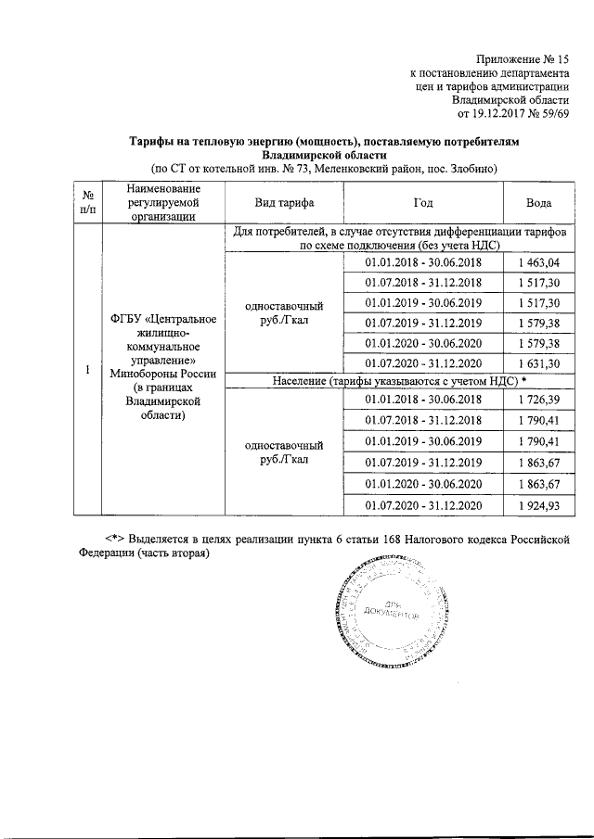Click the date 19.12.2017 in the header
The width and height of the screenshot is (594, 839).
click(x=498, y=114)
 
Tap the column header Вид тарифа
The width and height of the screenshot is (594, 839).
click(x=282, y=202)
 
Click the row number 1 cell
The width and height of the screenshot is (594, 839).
click(x=86, y=370)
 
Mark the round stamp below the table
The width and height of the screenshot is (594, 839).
click(x=381, y=612)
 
